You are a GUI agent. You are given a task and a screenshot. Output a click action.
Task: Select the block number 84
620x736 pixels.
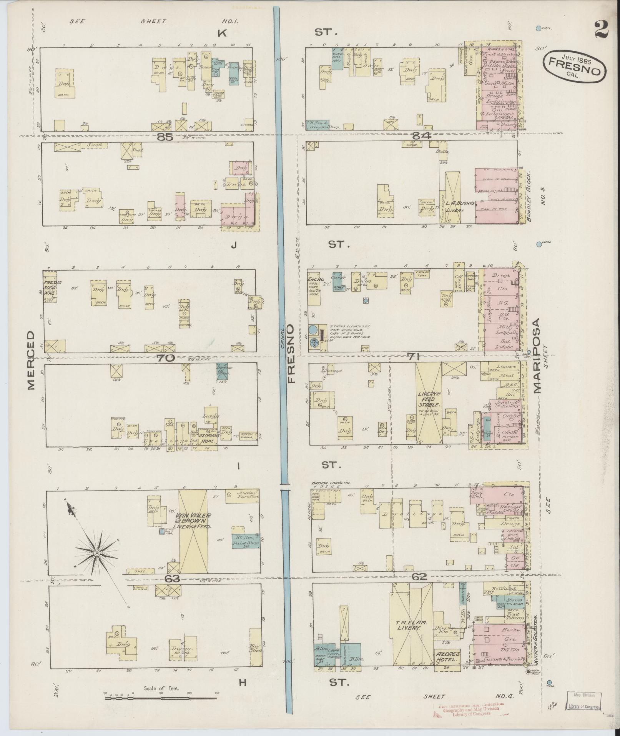click(422, 135)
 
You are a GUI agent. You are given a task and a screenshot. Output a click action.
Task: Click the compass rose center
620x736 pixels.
click(97, 553)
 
